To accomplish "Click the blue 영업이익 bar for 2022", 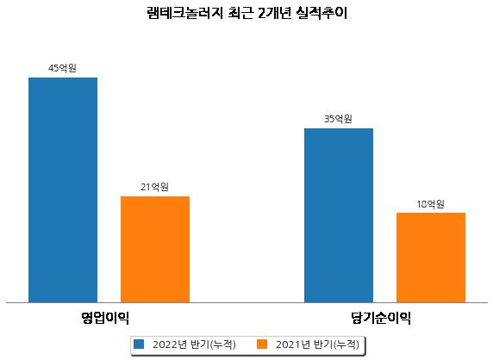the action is (x=63, y=190).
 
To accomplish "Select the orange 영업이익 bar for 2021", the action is (x=155, y=250).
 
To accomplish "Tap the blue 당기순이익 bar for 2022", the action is (x=339, y=215).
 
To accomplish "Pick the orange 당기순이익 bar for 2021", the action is (x=431, y=258).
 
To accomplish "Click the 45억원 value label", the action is (x=62, y=68).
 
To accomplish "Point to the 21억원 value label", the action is (x=154, y=187).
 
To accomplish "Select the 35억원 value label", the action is (x=338, y=119).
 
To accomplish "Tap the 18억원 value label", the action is (x=430, y=204).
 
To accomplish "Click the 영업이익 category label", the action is (x=105, y=318).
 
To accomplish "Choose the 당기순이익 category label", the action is (x=381, y=318).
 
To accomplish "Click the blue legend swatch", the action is (x=139, y=344).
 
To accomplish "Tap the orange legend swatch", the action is (x=262, y=344).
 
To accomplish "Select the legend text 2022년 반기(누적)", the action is (x=194, y=344).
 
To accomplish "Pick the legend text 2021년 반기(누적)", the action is (x=317, y=344).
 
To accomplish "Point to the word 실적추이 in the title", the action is (x=321, y=13).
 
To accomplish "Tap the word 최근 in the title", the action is (x=240, y=13).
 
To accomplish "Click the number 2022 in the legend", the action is (x=165, y=344).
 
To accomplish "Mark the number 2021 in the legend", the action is (x=288, y=344).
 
